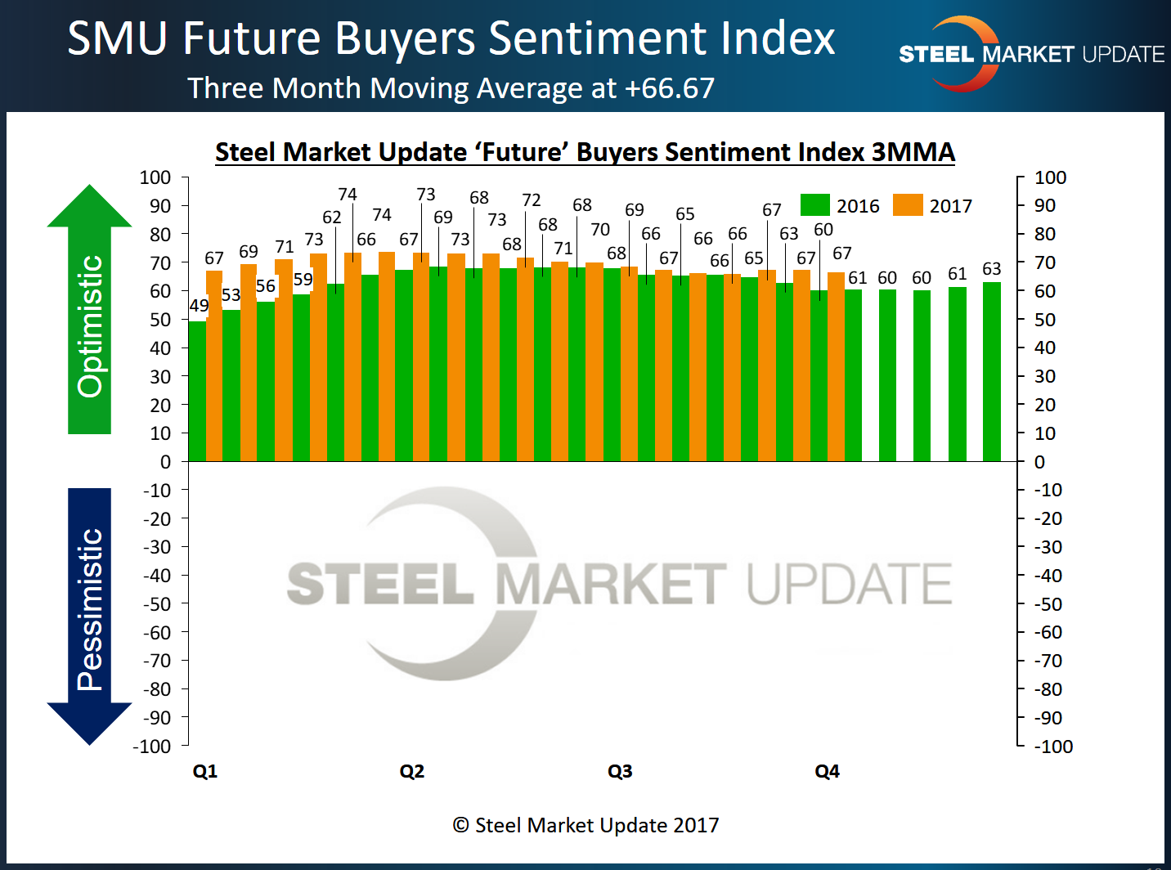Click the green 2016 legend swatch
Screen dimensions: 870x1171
point(814,205)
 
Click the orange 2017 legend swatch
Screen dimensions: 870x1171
point(908,205)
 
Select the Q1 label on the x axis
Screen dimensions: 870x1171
point(204,771)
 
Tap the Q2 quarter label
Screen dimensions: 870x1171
point(412,771)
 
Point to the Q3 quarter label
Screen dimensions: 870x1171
point(620,771)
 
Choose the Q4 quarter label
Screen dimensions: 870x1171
point(827,771)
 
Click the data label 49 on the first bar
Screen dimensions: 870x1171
point(199,306)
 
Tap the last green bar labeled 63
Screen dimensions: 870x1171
point(991,372)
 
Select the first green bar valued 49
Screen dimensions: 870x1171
point(196,392)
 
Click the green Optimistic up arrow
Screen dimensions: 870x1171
point(89,311)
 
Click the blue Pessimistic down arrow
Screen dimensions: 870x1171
point(89,613)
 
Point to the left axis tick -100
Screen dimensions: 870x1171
point(152,747)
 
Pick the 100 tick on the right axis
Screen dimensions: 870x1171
point(1050,177)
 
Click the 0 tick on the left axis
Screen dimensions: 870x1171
point(165,462)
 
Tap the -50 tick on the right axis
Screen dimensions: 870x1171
point(1050,604)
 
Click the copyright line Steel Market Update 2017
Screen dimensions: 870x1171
point(585,825)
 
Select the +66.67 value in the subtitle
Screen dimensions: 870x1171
point(670,88)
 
